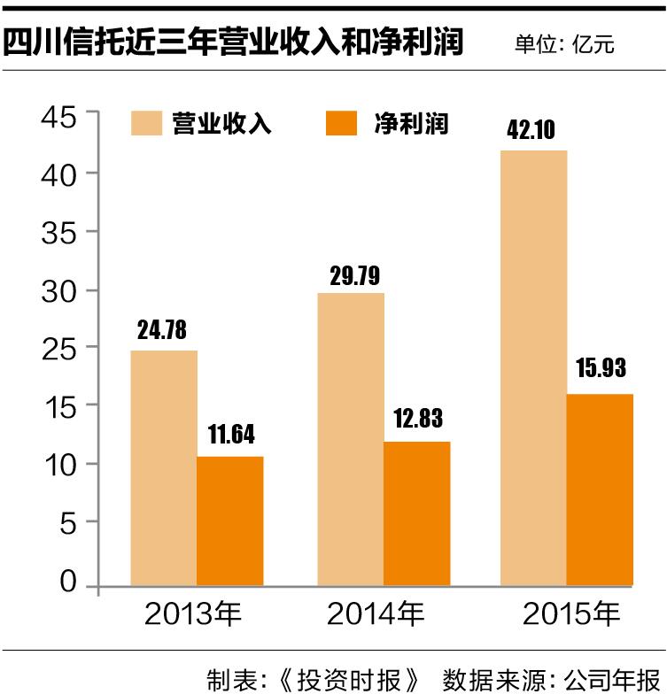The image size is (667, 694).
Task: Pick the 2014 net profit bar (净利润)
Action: pos(416,513)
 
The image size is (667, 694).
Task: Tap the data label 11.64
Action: pos(229,436)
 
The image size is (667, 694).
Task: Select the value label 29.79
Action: pos(352,274)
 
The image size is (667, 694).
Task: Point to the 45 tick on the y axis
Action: pos(59,116)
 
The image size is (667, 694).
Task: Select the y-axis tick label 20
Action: pos(59,406)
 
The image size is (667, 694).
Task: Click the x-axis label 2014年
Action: pos(375,613)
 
